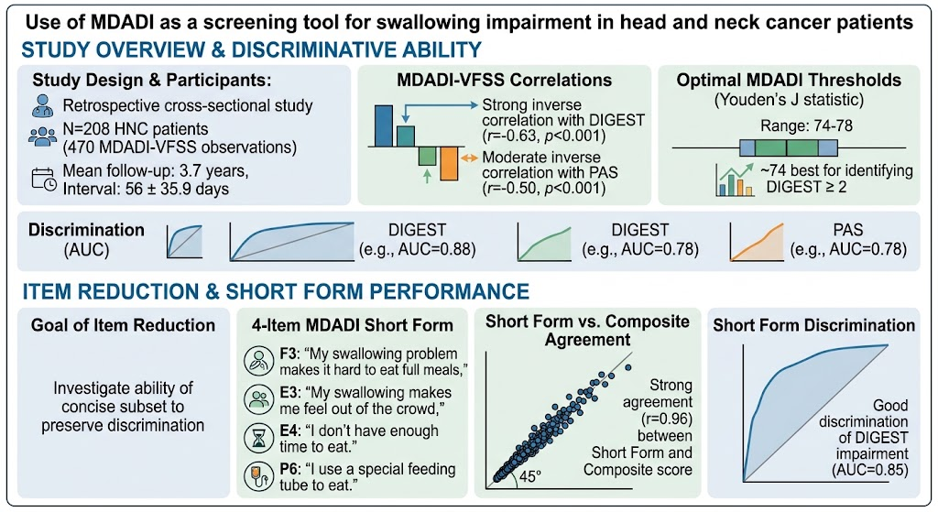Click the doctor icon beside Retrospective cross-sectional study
pyautogui.click(x=43, y=106)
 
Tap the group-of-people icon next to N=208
pyautogui.click(x=42, y=136)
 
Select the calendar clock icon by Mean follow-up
pyautogui.click(x=44, y=180)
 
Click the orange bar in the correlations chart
pyautogui.click(x=449, y=163)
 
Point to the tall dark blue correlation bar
pyautogui.click(x=384, y=125)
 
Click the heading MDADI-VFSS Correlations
pyautogui.click(x=505, y=81)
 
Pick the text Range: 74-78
pyautogui.click(x=806, y=125)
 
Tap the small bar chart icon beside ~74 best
pyautogui.click(x=735, y=180)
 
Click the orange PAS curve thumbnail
pyautogui.click(x=757, y=242)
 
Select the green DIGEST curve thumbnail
pyautogui.click(x=544, y=243)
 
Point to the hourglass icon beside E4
pyautogui.click(x=259, y=439)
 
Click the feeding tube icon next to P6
pyautogui.click(x=259, y=476)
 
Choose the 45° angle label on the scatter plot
pyautogui.click(x=530, y=477)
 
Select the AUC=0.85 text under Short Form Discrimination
pyautogui.click(x=870, y=470)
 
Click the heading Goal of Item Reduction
pyautogui.click(x=124, y=325)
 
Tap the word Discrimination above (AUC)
pyautogui.click(x=86, y=230)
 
